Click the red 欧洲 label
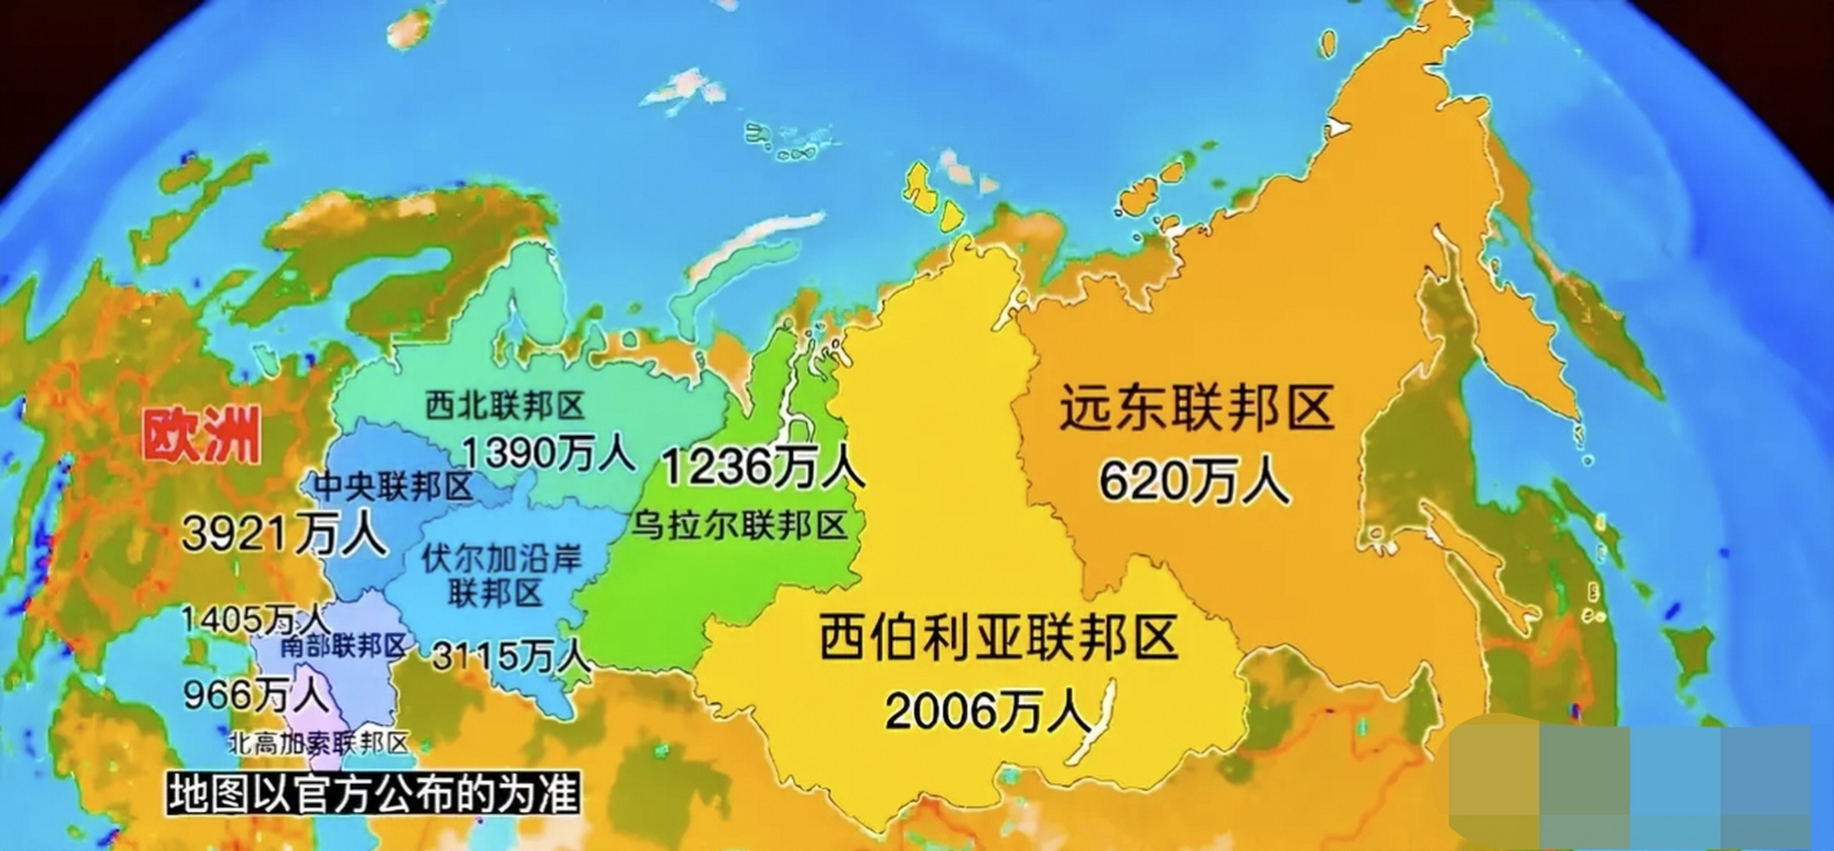point(201,437)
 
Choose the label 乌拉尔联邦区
point(741,525)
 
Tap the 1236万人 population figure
point(762,467)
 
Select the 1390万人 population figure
point(548,452)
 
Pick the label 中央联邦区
point(394,487)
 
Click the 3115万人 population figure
point(510,655)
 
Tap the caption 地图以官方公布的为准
point(372,793)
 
